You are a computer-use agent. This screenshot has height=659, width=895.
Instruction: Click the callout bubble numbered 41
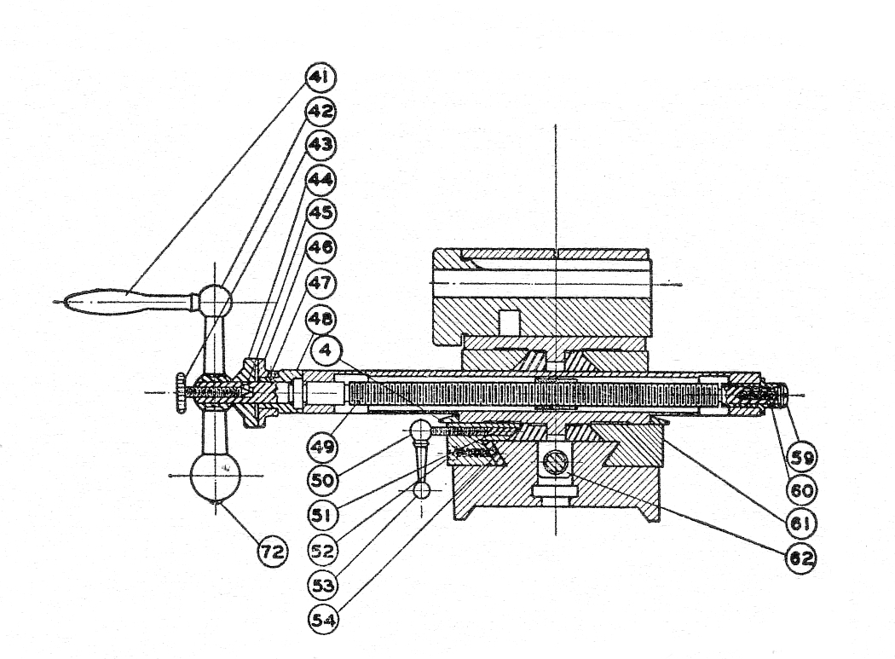tap(321, 77)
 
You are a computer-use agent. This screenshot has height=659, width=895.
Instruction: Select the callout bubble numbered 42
tap(321, 111)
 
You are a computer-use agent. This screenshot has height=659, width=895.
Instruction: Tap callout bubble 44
tap(321, 180)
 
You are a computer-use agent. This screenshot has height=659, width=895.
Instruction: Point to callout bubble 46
tap(321, 248)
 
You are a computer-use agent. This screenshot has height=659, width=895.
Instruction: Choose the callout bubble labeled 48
tap(321, 319)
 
